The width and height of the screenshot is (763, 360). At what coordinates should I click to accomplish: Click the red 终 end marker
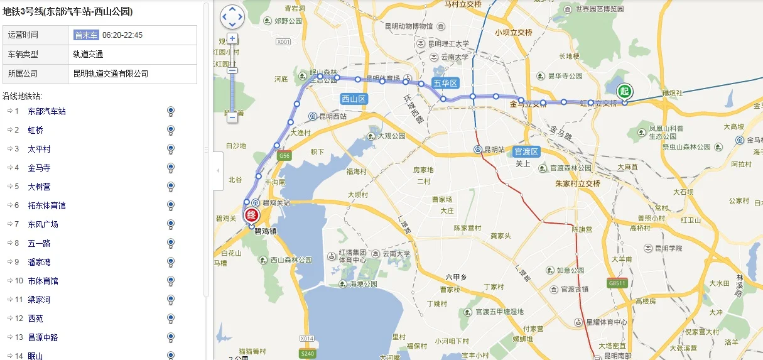(x=252, y=215)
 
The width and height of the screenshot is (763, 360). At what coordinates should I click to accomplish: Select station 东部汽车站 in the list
(x=47, y=111)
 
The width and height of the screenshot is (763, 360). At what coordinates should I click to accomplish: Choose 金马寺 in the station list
(x=39, y=168)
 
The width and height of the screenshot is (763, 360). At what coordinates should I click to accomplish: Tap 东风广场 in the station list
(x=43, y=224)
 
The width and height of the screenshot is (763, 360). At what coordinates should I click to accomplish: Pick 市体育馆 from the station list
(x=43, y=281)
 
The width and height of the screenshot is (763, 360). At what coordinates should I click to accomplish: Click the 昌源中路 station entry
(x=43, y=337)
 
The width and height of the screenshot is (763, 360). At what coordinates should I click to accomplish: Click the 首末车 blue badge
(x=86, y=35)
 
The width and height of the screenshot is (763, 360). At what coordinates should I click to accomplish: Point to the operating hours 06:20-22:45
(x=122, y=35)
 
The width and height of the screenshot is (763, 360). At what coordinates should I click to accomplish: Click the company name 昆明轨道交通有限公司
(x=111, y=74)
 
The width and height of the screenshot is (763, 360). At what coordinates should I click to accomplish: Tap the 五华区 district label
(x=446, y=83)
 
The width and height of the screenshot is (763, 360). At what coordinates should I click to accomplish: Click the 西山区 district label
(x=354, y=99)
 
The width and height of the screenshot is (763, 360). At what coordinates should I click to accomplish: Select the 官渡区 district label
(x=526, y=151)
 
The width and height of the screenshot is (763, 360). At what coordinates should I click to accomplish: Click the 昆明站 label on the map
(x=494, y=150)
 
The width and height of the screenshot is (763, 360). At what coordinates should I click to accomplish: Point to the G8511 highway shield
(x=617, y=283)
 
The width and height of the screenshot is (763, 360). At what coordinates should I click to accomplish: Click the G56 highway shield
(x=284, y=155)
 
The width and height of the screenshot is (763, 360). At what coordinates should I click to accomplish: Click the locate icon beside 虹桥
(x=170, y=130)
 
